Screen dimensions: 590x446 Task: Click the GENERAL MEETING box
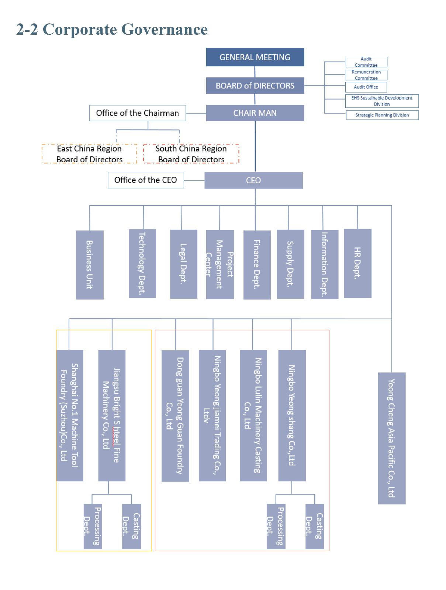[255, 57]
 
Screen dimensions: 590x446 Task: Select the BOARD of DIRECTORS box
[255, 86]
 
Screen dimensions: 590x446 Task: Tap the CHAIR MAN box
[255, 113]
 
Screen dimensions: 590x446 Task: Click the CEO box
[253, 180]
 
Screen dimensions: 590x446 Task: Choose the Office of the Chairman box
[138, 113]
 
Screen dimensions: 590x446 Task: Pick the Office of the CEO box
[146, 180]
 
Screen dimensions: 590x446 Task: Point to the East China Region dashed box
[89, 154]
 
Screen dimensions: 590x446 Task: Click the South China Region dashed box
[191, 154]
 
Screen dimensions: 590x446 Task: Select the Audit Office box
[366, 87]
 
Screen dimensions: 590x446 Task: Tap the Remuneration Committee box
[366, 75]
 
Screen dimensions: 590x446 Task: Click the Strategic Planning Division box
[382, 115]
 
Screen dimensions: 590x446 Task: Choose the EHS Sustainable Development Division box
[382, 101]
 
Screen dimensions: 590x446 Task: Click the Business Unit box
[90, 265]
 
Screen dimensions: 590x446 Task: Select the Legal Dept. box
[183, 264]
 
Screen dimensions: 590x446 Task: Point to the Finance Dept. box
[257, 265]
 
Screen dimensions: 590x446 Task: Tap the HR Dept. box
[357, 263]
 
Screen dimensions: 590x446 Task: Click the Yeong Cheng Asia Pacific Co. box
[392, 438]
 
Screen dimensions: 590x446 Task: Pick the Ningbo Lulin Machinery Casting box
[253, 415]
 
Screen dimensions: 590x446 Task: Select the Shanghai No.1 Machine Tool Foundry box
[70, 415]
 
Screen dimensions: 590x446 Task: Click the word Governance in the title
[165, 29]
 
